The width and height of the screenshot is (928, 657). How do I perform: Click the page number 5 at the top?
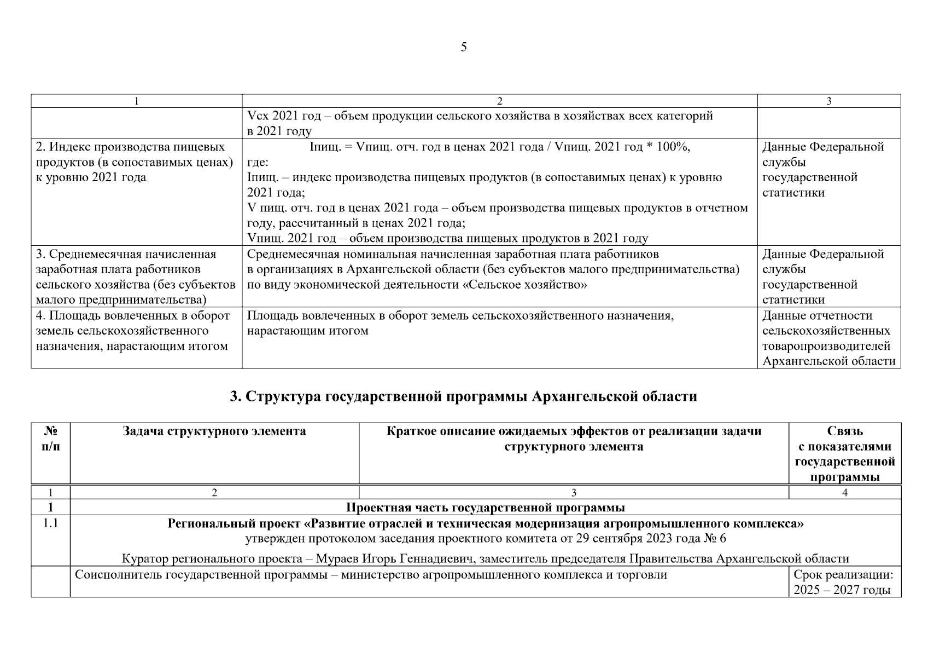click(464, 48)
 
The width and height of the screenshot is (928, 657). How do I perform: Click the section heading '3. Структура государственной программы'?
click(463, 396)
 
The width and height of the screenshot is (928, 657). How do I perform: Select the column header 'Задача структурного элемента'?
click(214, 431)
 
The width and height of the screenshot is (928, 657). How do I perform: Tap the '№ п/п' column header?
click(50, 439)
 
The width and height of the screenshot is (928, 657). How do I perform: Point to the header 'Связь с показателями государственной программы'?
click(844, 454)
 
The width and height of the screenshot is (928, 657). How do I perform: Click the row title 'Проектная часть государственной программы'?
click(486, 508)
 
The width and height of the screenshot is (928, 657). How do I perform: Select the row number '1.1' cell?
click(50, 523)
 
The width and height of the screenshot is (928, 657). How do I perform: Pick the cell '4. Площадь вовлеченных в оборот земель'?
click(132, 331)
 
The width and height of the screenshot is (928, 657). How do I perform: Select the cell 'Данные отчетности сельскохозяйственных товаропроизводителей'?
click(828, 338)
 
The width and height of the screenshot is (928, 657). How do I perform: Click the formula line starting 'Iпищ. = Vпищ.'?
click(499, 147)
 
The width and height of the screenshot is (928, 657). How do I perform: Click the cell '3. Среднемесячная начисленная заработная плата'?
click(135, 276)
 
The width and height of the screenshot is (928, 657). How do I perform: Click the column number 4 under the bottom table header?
click(844, 493)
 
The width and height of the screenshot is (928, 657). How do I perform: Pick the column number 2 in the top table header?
click(499, 101)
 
